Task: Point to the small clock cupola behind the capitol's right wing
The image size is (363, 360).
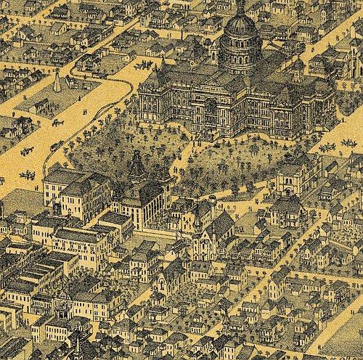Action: click(x=297, y=69)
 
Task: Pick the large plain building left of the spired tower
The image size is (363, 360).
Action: click(x=73, y=192)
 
